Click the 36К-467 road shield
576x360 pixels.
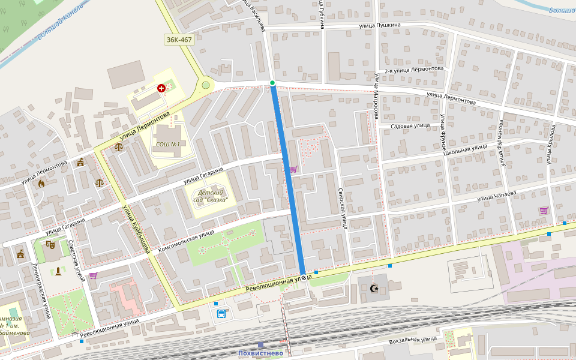pos(179,40)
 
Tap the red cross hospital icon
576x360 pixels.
pos(161,88)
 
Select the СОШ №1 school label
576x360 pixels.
pos(168,144)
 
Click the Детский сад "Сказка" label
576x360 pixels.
pos(209,196)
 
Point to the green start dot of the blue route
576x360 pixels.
pos(272,83)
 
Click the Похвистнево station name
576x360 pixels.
pos(260,353)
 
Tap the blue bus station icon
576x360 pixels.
pos(221,313)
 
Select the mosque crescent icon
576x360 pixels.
pos(374,289)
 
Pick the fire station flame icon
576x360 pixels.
pos(41,184)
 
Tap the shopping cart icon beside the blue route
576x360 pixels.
pos(293,169)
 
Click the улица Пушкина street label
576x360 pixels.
pos(380,25)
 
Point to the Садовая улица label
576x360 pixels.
pos(410,126)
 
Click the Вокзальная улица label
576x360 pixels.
pos(413,339)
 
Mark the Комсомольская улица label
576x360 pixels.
pos(186,241)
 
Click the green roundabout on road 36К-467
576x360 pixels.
pos(206,85)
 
